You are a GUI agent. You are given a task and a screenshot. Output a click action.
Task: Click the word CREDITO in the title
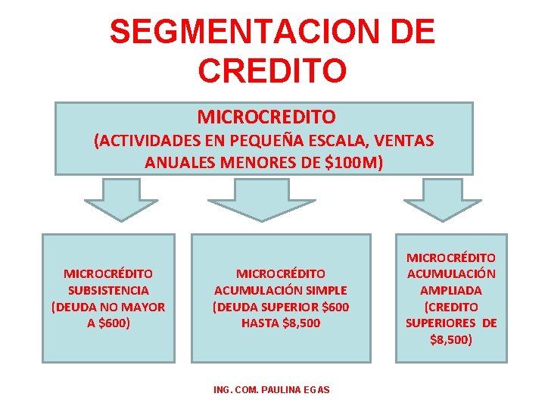pyautogui.click(x=272, y=69)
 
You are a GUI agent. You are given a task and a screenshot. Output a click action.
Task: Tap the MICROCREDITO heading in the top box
pyautogui.click(x=266, y=117)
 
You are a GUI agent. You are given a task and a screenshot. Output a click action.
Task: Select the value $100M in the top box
pyautogui.click(x=354, y=162)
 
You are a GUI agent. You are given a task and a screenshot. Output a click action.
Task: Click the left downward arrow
pyautogui.click(x=121, y=200)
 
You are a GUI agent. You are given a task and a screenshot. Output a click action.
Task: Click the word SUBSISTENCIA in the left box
pyautogui.click(x=108, y=290)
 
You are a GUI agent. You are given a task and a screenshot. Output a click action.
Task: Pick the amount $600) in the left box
pyautogui.click(x=114, y=323)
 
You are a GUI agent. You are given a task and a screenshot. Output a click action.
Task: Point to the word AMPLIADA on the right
pyautogui.click(x=451, y=290)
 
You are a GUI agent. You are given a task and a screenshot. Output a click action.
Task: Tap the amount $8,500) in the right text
pyautogui.click(x=451, y=340)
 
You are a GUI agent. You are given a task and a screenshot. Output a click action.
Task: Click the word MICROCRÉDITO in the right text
pyautogui.click(x=451, y=258)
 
